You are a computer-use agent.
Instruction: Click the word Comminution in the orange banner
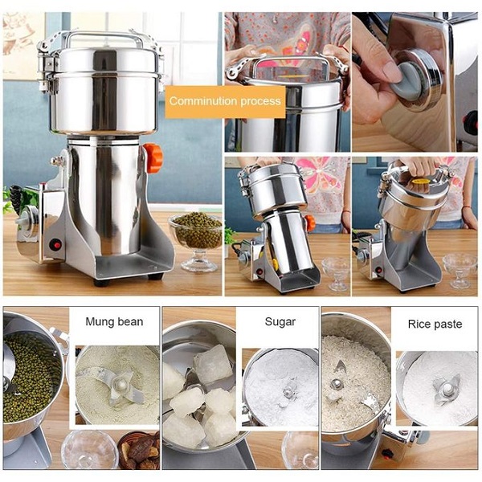tap(203, 101)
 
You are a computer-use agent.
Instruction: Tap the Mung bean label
tap(114, 321)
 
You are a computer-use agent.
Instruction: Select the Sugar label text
tap(280, 322)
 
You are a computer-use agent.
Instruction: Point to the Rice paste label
tap(435, 324)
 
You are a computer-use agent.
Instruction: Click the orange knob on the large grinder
tap(153, 158)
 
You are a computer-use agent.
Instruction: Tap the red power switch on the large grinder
tap(55, 244)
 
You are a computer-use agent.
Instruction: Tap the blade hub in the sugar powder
tap(288, 393)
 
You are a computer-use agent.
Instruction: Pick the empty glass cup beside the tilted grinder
tap(336, 274)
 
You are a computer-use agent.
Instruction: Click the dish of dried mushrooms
tap(139, 451)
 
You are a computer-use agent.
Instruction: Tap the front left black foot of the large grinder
tap(101, 282)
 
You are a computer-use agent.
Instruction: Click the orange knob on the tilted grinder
tap(310, 223)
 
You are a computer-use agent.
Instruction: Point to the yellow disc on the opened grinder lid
tap(419, 182)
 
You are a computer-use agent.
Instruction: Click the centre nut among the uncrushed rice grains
tap(336, 384)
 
